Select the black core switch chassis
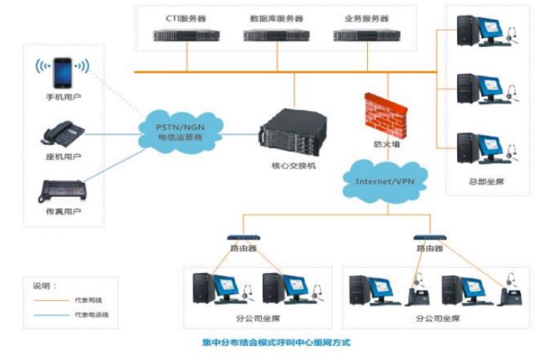click(x=288, y=136)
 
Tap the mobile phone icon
click(x=62, y=72)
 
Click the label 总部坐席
click(x=488, y=181)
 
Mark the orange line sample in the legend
click(x=51, y=300)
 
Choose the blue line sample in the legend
click(x=51, y=314)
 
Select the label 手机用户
click(x=63, y=97)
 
